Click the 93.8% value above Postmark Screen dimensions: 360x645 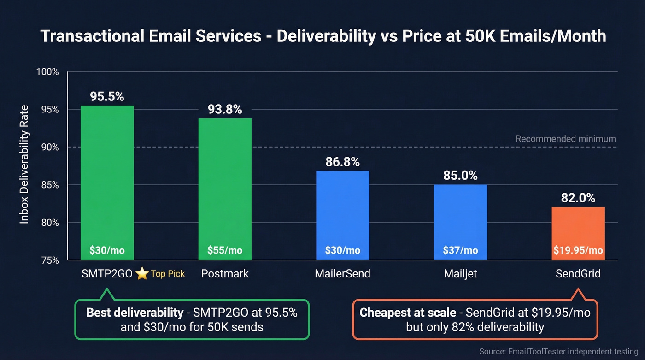pyautogui.click(x=225, y=109)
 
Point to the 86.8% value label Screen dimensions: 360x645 pyautogui.click(x=342, y=162)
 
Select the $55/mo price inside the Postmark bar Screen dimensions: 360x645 pyautogui.click(x=225, y=250)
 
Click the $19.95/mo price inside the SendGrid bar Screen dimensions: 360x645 pyautogui.click(x=578, y=250)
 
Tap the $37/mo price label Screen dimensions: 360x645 pyautogui.click(x=460, y=250)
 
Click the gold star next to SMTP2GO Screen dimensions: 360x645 pyautogui.click(x=142, y=274)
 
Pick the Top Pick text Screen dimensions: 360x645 pyautogui.click(x=168, y=274)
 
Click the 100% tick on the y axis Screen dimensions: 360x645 pyautogui.click(x=48, y=72)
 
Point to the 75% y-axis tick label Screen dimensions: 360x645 pyautogui.click(x=50, y=260)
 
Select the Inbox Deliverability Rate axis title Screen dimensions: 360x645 pyautogui.click(x=24, y=165)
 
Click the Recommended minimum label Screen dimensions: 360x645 pyautogui.click(x=565, y=139)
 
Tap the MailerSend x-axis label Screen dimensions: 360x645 pyautogui.click(x=342, y=274)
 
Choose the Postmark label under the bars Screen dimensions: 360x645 pyautogui.click(x=225, y=274)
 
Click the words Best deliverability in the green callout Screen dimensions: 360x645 pyautogui.click(x=135, y=313)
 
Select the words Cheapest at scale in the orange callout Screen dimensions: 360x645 pyautogui.click(x=407, y=313)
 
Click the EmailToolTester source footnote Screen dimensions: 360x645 pyautogui.click(x=559, y=351)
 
